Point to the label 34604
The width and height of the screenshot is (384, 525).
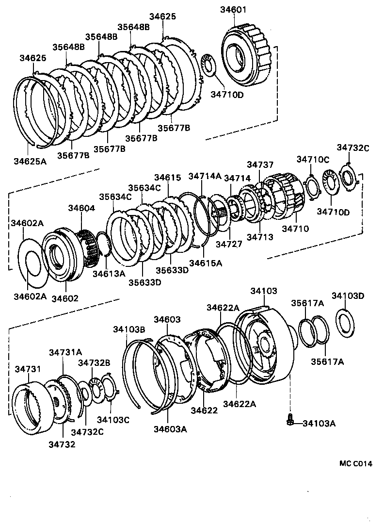pos(81,208)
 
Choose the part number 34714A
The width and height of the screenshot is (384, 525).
pos(205,176)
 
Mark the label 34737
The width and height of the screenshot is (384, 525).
pos(260,165)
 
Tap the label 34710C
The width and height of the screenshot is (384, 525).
pos(313,160)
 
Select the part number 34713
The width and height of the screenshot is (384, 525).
pos(260,237)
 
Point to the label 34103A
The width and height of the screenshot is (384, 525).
pos(319,424)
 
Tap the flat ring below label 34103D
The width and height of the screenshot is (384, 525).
pos(346,321)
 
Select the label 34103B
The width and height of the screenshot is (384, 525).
pos(129,329)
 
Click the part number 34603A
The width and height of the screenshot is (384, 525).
pos(170,429)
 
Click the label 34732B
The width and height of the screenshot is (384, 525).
pos(95,362)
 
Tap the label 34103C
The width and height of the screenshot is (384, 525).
pos(113,420)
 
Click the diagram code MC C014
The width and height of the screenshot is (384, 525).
pos(355,463)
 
